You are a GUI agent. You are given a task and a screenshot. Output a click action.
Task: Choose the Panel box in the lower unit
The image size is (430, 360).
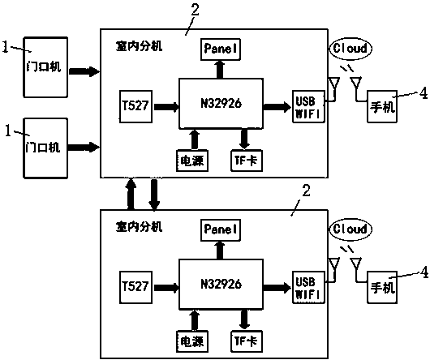220,229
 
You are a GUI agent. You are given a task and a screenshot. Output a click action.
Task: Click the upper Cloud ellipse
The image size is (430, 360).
350,49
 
